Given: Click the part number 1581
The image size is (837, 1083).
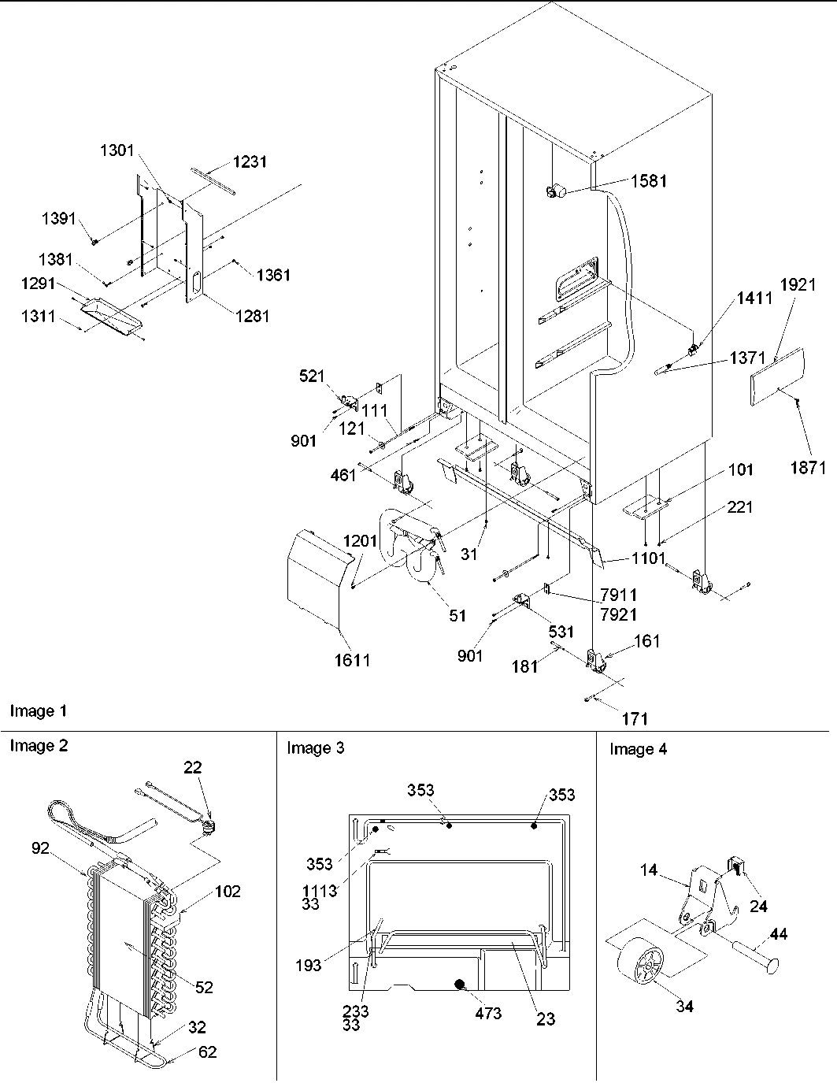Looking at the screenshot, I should pyautogui.click(x=648, y=180).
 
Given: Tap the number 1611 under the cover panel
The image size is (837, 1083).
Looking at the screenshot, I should pyautogui.click(x=350, y=660).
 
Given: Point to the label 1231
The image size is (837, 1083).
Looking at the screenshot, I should pyautogui.click(x=249, y=161).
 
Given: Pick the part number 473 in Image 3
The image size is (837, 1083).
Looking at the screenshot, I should pyautogui.click(x=488, y=1013).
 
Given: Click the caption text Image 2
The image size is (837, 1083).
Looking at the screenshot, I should pyautogui.click(x=39, y=746).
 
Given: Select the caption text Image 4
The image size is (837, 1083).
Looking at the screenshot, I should pyautogui.click(x=638, y=749).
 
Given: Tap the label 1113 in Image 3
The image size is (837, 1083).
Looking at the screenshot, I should pyautogui.click(x=319, y=891).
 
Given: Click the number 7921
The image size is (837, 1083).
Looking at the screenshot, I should pyautogui.click(x=618, y=613).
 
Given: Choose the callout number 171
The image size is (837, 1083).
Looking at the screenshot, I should pyautogui.click(x=635, y=718).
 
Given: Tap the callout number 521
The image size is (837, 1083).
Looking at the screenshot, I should pyautogui.click(x=312, y=376).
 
